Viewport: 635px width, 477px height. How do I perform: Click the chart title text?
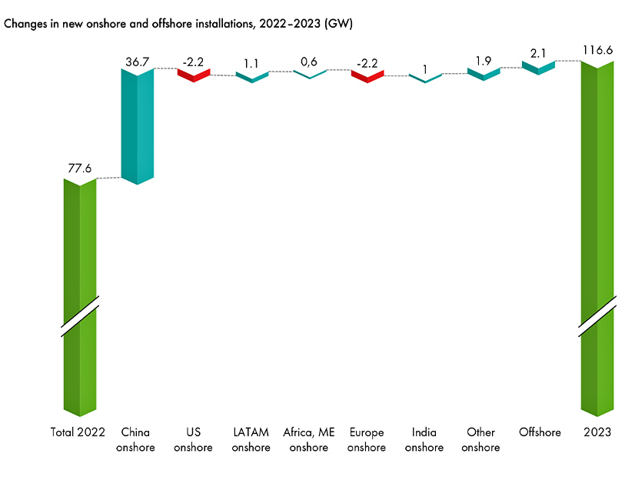[x=178, y=24]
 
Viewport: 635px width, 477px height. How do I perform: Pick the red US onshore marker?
[x=194, y=75]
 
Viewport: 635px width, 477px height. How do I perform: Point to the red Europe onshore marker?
[x=367, y=75]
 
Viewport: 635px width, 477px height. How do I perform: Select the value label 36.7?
[x=138, y=58]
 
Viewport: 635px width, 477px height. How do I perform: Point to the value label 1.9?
[x=483, y=61]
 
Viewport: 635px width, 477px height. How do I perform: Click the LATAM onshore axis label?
[x=251, y=440]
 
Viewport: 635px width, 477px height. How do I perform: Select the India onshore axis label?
[x=424, y=440]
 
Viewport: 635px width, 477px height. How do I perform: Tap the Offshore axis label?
[x=540, y=433]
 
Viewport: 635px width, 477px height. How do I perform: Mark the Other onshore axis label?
[x=482, y=440]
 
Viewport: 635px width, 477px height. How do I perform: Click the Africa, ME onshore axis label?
[x=309, y=440]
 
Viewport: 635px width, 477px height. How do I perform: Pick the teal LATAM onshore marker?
[x=251, y=76]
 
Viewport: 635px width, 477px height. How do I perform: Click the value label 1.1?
[x=251, y=63]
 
